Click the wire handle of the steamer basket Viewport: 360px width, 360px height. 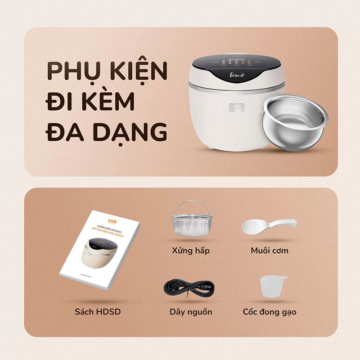click(192, 206)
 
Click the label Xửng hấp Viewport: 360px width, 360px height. click(191, 250)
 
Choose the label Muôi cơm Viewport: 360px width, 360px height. click(269, 250)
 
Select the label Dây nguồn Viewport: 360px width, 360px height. click(191, 311)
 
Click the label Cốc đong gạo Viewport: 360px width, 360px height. click(270, 311)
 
